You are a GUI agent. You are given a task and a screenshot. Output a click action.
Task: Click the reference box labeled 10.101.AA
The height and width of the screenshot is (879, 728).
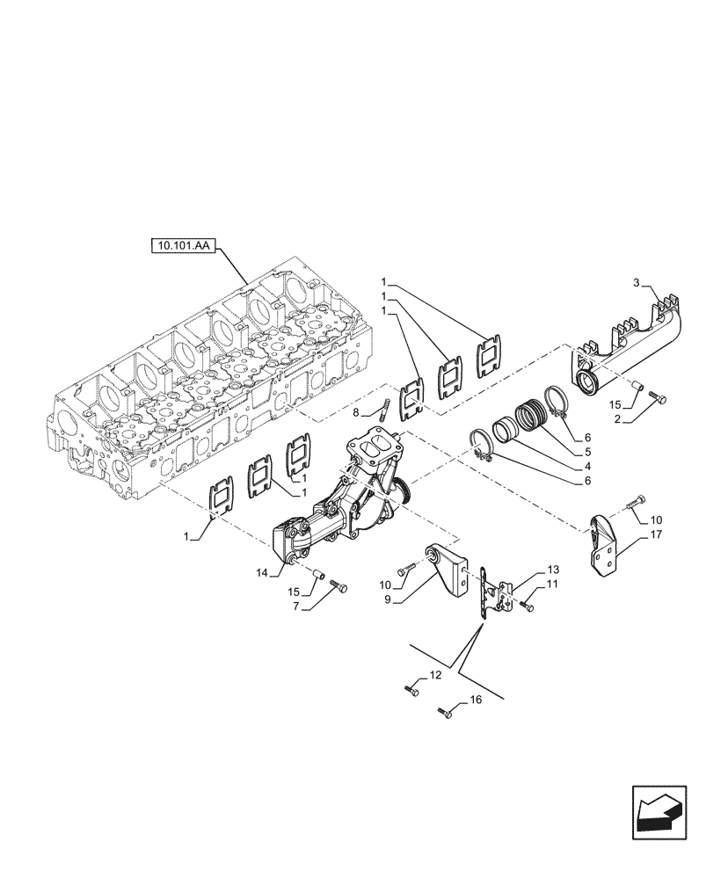pos(184,248)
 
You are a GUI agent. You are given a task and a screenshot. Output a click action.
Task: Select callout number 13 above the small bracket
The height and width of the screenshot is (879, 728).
pos(553,570)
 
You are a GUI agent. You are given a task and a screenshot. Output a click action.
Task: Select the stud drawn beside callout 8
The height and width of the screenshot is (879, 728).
pos(385,410)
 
